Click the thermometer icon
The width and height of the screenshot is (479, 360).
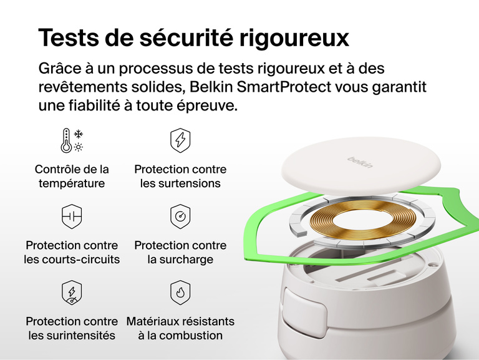pyautogui.click(x=66, y=142)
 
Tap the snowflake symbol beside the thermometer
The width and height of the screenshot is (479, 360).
pyautogui.click(x=79, y=134)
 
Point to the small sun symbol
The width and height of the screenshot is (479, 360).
pyautogui.click(x=79, y=147)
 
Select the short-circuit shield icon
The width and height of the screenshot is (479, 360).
pyautogui.click(x=72, y=216)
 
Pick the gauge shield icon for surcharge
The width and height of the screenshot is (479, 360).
pyautogui.click(x=180, y=216)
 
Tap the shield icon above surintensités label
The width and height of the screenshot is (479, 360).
pyautogui.click(x=72, y=293)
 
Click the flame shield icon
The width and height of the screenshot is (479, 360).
pyautogui.click(x=180, y=293)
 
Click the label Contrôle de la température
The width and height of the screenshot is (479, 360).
pyautogui.click(x=72, y=177)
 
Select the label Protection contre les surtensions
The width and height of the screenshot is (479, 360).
pyautogui.click(x=180, y=177)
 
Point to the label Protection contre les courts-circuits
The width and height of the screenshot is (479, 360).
pyautogui.click(x=72, y=253)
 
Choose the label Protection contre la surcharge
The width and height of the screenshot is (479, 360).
pyautogui.click(x=180, y=253)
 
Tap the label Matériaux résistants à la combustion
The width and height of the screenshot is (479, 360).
pyautogui.click(x=180, y=328)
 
